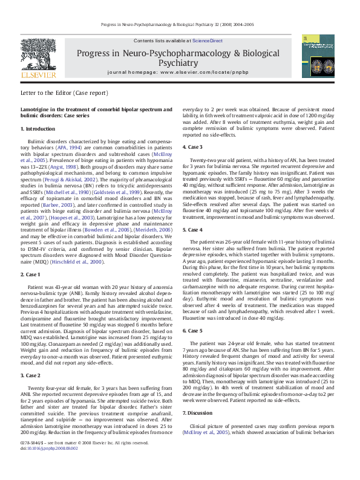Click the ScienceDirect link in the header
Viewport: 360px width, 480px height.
207,41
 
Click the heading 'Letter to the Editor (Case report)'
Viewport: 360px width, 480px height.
64,94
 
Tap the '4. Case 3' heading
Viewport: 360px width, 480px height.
193,147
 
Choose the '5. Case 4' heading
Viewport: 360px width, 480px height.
193,230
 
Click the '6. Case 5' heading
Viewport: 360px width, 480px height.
193,331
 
